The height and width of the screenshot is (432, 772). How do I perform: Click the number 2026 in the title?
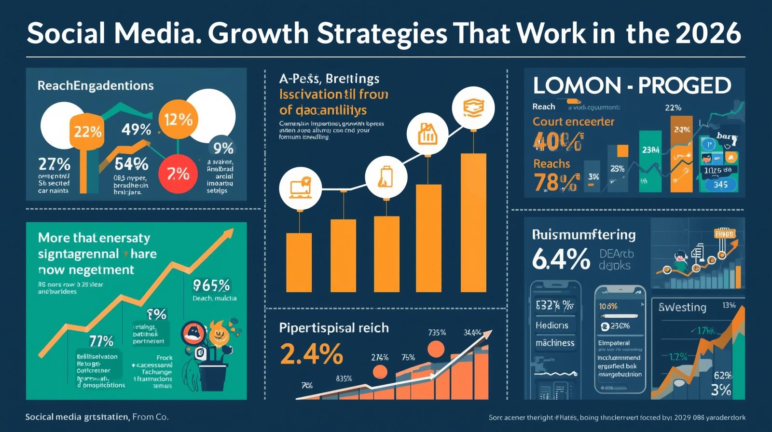708,33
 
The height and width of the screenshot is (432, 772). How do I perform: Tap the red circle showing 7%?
178,174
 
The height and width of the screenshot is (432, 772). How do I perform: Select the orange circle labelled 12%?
178,119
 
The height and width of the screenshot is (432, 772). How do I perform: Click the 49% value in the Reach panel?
136,129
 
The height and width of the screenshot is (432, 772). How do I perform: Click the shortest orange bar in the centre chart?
299,262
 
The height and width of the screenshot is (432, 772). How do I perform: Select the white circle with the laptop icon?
300,189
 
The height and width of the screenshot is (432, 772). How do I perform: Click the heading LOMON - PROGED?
632,86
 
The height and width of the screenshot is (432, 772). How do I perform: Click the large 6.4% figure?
561,259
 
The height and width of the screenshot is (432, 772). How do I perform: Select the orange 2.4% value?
311,354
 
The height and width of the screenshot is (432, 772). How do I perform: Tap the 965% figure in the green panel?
211,285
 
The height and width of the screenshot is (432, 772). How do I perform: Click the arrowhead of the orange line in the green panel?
228,234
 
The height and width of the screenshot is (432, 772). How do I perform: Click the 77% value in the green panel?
101,341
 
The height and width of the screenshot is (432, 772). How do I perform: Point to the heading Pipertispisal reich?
334,328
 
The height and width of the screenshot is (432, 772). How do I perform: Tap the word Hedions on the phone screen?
552,325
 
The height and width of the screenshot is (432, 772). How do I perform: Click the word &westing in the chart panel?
682,307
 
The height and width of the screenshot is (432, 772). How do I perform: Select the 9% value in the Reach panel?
223,148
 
